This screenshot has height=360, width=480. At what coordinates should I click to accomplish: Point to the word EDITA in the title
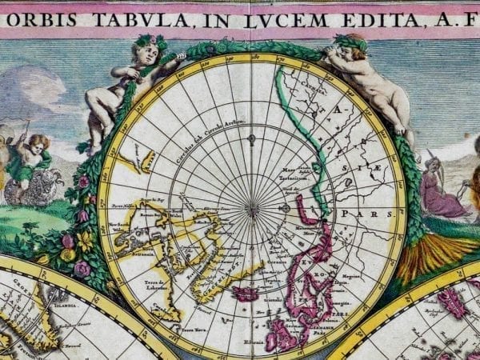click(367, 17)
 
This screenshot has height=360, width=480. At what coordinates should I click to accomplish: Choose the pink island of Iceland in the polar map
click(244, 294)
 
